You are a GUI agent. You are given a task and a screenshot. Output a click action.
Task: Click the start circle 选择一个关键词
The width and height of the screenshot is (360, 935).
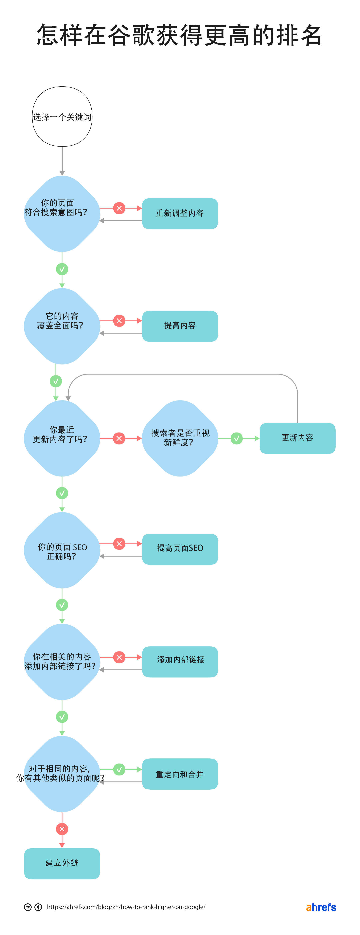click(62, 117)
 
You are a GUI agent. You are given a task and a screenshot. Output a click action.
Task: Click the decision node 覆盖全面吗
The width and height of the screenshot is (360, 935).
click(62, 326)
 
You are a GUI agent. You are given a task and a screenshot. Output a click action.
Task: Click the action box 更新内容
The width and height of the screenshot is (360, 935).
click(297, 438)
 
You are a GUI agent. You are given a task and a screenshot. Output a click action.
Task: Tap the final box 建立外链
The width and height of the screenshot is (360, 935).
click(62, 863)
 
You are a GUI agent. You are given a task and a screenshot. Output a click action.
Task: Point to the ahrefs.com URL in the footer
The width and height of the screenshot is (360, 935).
click(126, 907)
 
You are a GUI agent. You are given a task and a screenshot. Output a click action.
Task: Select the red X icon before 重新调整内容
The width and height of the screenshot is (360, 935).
click(119, 208)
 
